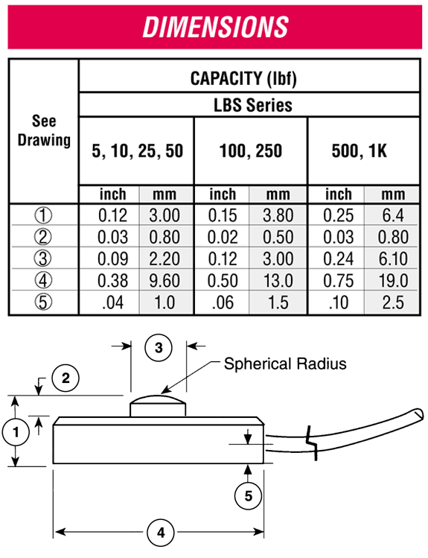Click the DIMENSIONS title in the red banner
point(215,27)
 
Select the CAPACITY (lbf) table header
point(243,78)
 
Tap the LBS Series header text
point(253,105)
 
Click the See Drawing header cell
point(44,130)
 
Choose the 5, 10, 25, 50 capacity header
point(137,151)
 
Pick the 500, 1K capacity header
point(359,151)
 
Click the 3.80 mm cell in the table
point(278,215)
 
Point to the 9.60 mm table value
point(165,280)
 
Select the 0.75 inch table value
point(339,280)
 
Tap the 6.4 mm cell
point(393,215)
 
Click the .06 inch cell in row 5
point(223,302)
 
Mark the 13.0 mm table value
point(278,280)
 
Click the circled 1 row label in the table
point(43,215)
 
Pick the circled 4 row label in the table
point(43,280)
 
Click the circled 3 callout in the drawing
point(159,348)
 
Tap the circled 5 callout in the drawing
point(248,495)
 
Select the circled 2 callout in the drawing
point(66,378)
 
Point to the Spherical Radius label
point(285,364)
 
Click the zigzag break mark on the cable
point(312,443)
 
